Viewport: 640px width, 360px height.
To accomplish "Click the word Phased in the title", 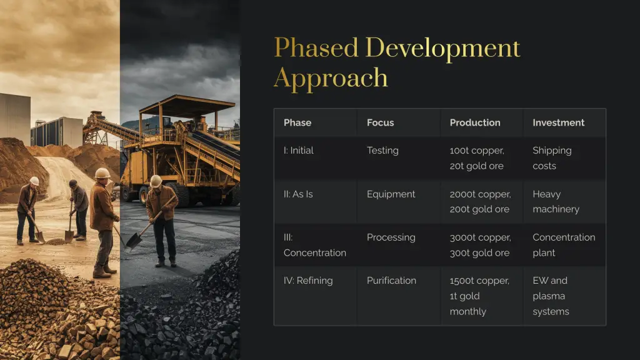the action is pos(316,48).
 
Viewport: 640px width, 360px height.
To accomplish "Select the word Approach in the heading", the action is pos(331,78).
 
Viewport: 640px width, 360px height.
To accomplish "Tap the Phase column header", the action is pos(297,122).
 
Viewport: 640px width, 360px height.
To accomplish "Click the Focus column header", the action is pos(381,122).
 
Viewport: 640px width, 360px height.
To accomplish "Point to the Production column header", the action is pos(475,122).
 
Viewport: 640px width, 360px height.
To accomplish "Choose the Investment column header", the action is pos(558,122).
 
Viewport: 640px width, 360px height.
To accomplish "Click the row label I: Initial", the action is pos(299,150).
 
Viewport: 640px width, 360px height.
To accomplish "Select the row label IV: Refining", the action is pos(308,281).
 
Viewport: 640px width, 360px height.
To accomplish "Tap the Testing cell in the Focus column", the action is pos(383,150).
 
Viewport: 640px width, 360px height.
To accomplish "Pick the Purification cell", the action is pos(391,281).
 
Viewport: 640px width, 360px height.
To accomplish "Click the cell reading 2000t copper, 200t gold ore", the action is pos(481,202).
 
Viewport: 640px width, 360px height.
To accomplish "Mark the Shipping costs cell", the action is pos(552,158).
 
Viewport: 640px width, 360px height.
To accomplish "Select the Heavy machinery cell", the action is pos(556,202).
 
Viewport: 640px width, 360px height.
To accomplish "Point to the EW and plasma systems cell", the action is pos(551,296).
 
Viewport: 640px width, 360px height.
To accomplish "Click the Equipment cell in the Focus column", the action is pos(391,194).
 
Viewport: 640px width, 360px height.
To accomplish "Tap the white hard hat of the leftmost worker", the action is pos(35,181).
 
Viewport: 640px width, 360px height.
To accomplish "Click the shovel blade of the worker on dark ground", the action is pos(134,241).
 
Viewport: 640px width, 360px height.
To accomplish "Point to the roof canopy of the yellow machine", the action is pos(187,104).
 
